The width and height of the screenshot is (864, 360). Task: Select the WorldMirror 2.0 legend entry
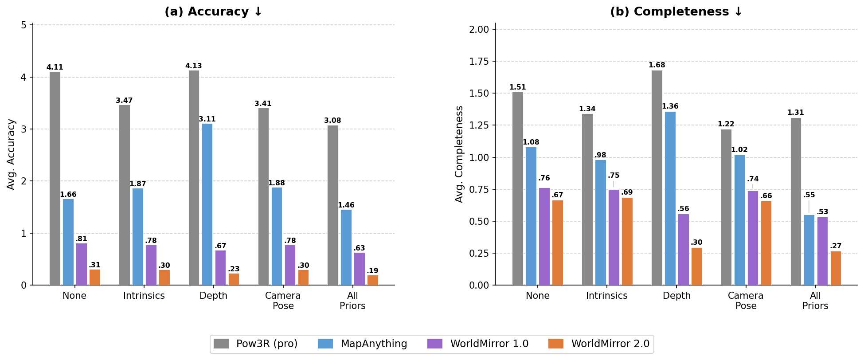tap(599, 344)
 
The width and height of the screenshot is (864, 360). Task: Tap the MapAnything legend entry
tap(363, 344)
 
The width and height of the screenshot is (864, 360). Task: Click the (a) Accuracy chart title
tap(213, 12)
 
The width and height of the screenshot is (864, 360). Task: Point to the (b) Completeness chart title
tap(676, 12)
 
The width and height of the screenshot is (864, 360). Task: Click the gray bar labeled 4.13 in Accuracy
tap(194, 177)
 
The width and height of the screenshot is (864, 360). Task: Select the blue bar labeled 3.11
tap(207, 204)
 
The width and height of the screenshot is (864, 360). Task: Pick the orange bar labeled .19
tap(373, 280)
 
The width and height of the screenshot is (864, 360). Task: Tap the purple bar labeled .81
tap(82, 264)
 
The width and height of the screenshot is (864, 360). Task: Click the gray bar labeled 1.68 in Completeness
tap(657, 177)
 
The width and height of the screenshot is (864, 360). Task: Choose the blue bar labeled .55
tap(809, 250)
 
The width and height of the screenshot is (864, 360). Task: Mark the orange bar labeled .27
tap(836, 268)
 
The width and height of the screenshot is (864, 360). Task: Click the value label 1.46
tap(346, 205)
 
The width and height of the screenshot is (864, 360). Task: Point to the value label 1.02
tap(739, 150)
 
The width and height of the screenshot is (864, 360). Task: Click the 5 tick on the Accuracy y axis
tap(23, 25)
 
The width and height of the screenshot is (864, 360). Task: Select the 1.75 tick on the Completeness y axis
tap(479, 62)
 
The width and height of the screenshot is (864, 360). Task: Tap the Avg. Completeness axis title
tap(459, 154)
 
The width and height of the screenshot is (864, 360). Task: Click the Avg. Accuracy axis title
tap(11, 154)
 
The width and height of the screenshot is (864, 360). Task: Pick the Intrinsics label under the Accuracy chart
tap(144, 296)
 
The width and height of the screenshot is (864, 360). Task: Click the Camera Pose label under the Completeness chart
tap(746, 301)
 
